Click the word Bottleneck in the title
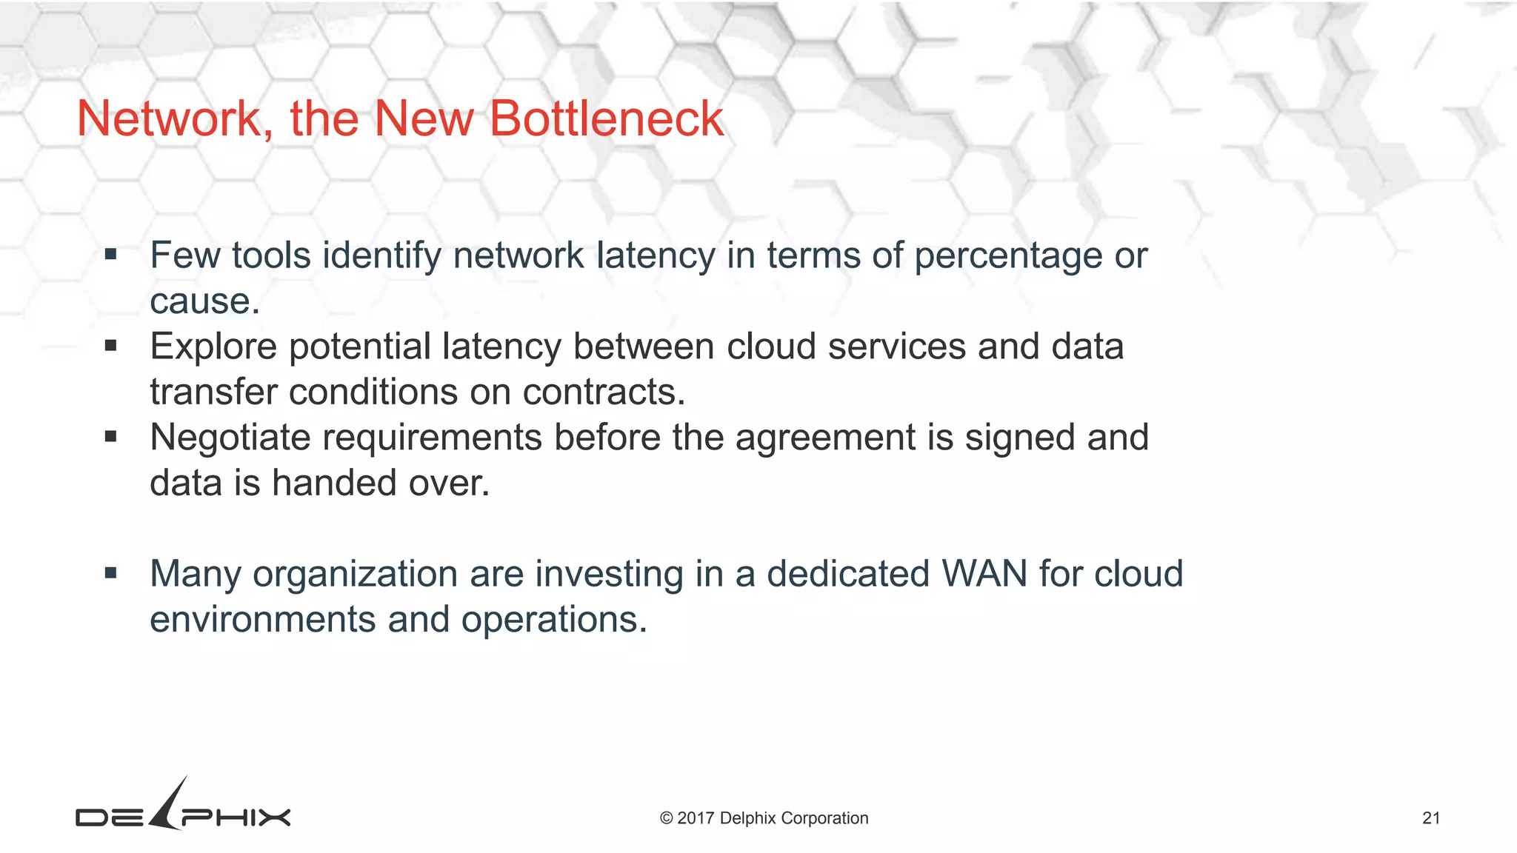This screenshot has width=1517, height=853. (x=607, y=118)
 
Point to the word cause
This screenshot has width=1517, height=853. (x=204, y=301)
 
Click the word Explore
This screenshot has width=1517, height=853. (x=213, y=347)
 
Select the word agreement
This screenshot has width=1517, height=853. (x=825, y=438)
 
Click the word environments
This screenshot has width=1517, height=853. (x=262, y=619)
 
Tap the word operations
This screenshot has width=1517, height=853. (x=554, y=620)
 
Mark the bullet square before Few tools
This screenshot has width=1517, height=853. (x=111, y=255)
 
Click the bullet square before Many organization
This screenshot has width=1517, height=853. (x=111, y=573)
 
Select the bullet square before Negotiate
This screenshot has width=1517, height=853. (x=111, y=437)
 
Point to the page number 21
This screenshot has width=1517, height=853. (x=1431, y=818)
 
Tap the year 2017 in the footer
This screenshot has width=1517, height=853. (x=696, y=818)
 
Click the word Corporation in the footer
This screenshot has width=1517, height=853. (x=824, y=818)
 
